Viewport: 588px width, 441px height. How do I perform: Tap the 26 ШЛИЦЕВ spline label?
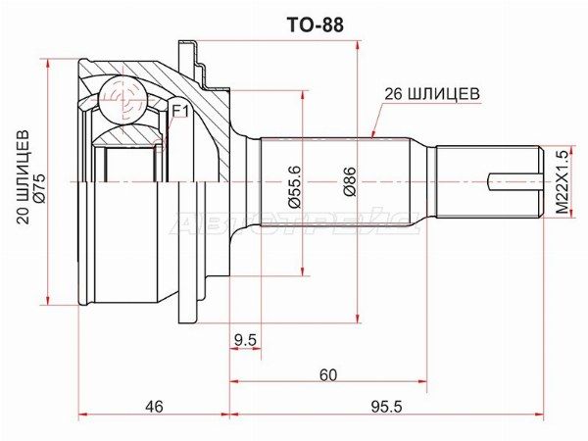[x=431, y=94]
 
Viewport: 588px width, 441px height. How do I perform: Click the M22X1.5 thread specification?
[x=562, y=182]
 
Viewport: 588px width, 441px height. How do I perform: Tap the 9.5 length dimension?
[x=246, y=340]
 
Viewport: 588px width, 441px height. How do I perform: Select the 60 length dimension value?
[x=327, y=374]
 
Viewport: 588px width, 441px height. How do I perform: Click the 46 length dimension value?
[x=153, y=406]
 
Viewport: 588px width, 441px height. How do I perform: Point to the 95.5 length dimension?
[x=383, y=406]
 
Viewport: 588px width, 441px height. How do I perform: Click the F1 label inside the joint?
[x=179, y=112]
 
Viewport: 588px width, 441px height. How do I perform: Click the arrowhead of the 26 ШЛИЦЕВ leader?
[x=372, y=134]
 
